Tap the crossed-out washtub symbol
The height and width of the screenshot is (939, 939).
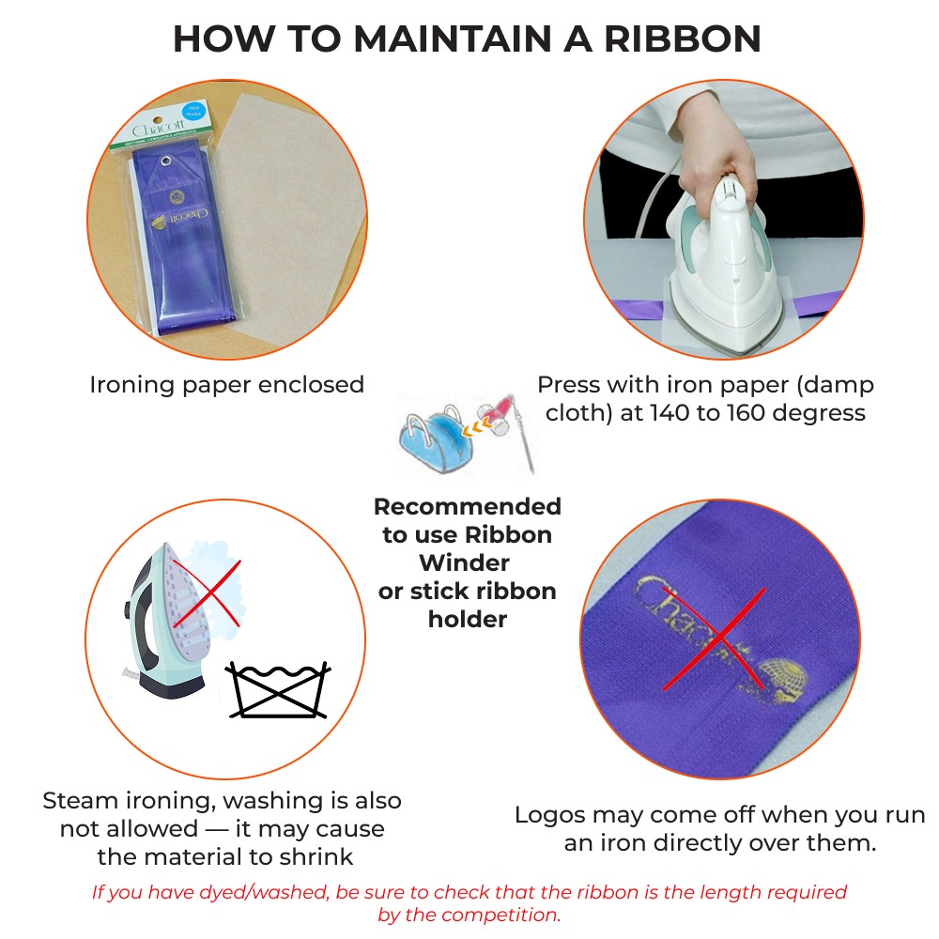coord(279,690)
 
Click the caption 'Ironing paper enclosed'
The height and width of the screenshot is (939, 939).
coord(226,385)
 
